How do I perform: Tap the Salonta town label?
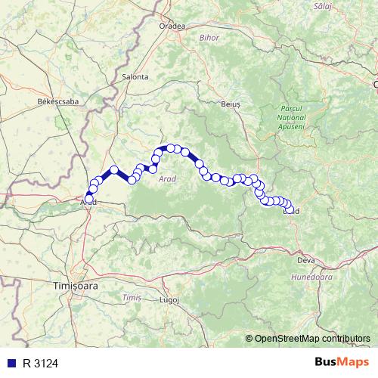click(135, 76)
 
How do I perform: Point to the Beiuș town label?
click(231, 104)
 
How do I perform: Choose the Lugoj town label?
click(169, 299)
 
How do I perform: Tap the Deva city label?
click(305, 260)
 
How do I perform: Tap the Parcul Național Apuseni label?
click(290, 117)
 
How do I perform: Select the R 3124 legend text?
click(41, 363)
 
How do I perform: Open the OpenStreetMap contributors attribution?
click(312, 338)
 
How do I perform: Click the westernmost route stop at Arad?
click(88, 198)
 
